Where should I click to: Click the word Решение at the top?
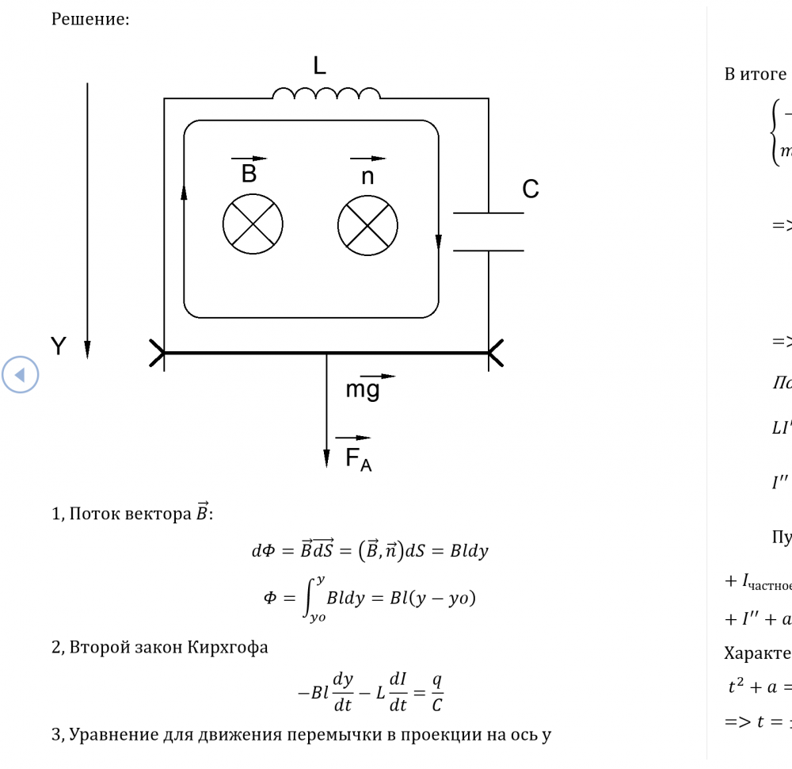tap(90, 20)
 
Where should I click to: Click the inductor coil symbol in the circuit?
tap(325, 94)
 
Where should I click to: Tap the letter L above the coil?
tap(318, 67)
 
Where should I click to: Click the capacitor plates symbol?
tap(488, 231)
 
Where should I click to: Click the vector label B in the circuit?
tap(249, 173)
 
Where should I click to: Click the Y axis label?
tap(59, 345)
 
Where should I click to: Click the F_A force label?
tap(352, 461)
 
